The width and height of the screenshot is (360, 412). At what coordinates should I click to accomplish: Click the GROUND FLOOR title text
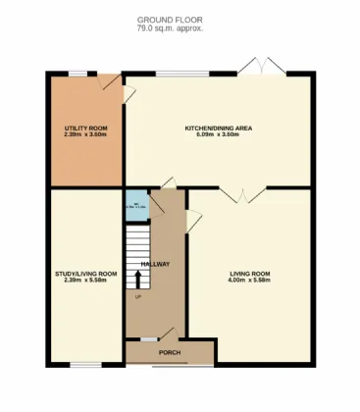171,20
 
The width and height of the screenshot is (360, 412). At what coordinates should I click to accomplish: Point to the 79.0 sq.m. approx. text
171,27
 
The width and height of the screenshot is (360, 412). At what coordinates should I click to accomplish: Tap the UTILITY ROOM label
84,129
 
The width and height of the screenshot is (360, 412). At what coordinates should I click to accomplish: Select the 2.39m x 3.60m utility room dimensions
84,135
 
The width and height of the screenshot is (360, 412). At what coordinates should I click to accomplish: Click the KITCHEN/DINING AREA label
219,129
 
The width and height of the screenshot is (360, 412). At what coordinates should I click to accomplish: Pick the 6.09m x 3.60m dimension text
219,135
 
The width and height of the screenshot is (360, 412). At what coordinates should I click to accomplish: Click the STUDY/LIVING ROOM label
85,273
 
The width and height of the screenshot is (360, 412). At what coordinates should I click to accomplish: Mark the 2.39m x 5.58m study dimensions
85,281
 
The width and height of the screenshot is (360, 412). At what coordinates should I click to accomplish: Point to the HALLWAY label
155,264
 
